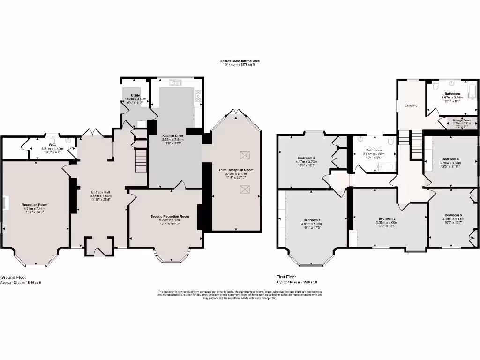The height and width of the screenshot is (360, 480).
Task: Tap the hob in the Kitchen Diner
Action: [x=198, y=96]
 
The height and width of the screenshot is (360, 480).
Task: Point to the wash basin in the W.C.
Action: [x=68, y=140]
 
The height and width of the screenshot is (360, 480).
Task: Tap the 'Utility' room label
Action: [x=135, y=96]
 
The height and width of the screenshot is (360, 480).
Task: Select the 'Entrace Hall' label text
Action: [x=100, y=192]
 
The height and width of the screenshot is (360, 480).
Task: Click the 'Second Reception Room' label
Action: [x=170, y=216]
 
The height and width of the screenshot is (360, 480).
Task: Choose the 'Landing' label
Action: [x=411, y=105]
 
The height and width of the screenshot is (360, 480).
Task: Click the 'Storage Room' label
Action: [x=462, y=120]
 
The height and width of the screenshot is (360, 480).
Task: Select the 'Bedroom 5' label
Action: [x=453, y=215]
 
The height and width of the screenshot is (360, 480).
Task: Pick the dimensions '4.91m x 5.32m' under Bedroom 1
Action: [x=312, y=224]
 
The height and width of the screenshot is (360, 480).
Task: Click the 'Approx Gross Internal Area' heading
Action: [x=240, y=61]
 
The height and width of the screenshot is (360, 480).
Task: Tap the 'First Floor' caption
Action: [x=286, y=277]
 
